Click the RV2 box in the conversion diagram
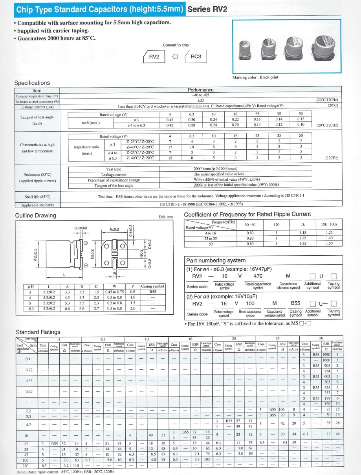tap(154, 57)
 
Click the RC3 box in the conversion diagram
tap(196, 57)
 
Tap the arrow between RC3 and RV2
tap(175, 57)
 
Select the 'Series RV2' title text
tap(207, 9)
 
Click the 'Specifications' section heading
tap(32, 83)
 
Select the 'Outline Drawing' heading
tap(35, 215)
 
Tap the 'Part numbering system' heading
tap(216, 260)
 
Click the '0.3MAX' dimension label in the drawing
tap(81, 228)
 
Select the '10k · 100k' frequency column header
tap(329, 224)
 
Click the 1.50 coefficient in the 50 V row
tap(329, 243)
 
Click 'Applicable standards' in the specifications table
tap(38, 205)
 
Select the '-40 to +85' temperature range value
tap(200, 95)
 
